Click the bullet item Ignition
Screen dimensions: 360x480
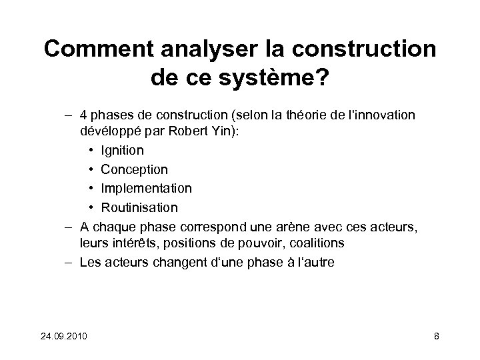pos(123,151)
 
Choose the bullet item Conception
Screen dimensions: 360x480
pos(135,169)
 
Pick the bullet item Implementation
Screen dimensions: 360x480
pos(147,188)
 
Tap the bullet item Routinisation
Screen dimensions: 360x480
pos(140,207)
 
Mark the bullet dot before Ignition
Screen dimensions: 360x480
pos(90,151)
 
